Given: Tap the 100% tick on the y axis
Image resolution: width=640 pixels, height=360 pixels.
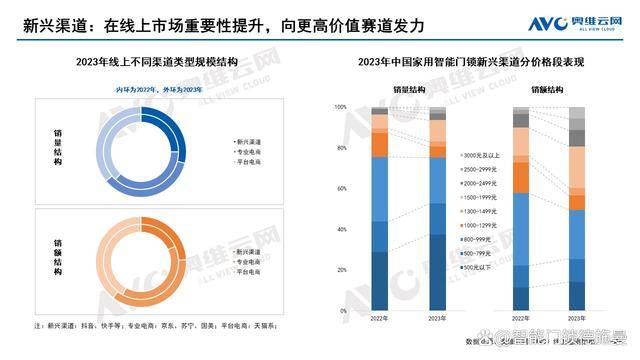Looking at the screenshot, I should [x=340, y=106].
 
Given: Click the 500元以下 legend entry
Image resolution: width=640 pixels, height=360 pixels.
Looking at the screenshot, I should [x=477, y=269].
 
